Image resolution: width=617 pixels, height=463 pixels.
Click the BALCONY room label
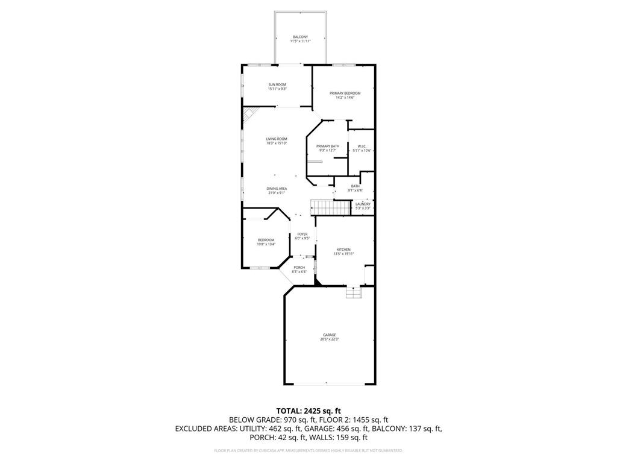pyautogui.click(x=301, y=37)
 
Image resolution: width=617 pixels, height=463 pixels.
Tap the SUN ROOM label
pyautogui.click(x=277, y=84)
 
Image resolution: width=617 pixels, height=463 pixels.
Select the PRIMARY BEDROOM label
pyautogui.click(x=345, y=93)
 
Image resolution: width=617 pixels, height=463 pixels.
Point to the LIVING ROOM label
pyautogui.click(x=277, y=139)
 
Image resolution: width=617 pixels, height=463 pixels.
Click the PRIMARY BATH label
pyautogui.click(x=328, y=146)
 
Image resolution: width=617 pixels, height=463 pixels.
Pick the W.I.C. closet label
pyautogui.click(x=362, y=146)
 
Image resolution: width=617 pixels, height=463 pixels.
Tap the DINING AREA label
pyautogui.click(x=277, y=189)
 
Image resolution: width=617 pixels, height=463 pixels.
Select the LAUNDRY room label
pyautogui.click(x=363, y=204)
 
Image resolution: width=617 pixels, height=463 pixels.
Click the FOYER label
pyautogui.click(x=302, y=234)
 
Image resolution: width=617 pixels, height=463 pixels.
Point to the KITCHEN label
pyautogui.click(x=343, y=250)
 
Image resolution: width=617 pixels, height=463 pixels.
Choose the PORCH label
pyautogui.click(x=299, y=268)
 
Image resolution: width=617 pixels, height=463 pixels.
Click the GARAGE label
pyautogui.click(x=328, y=335)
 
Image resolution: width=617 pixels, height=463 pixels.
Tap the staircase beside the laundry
pyautogui.click(x=330, y=207)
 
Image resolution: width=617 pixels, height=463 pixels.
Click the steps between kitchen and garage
pyautogui.click(x=354, y=292)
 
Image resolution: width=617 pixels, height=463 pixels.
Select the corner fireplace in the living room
pyautogui.click(x=249, y=114)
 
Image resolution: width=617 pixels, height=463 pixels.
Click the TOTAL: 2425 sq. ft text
pyautogui.click(x=308, y=411)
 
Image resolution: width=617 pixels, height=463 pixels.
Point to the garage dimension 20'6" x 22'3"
pyautogui.click(x=328, y=339)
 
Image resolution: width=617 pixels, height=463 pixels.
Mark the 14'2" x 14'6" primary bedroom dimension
pyautogui.click(x=345, y=97)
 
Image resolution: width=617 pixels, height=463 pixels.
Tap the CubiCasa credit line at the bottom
pyautogui.click(x=308, y=450)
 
